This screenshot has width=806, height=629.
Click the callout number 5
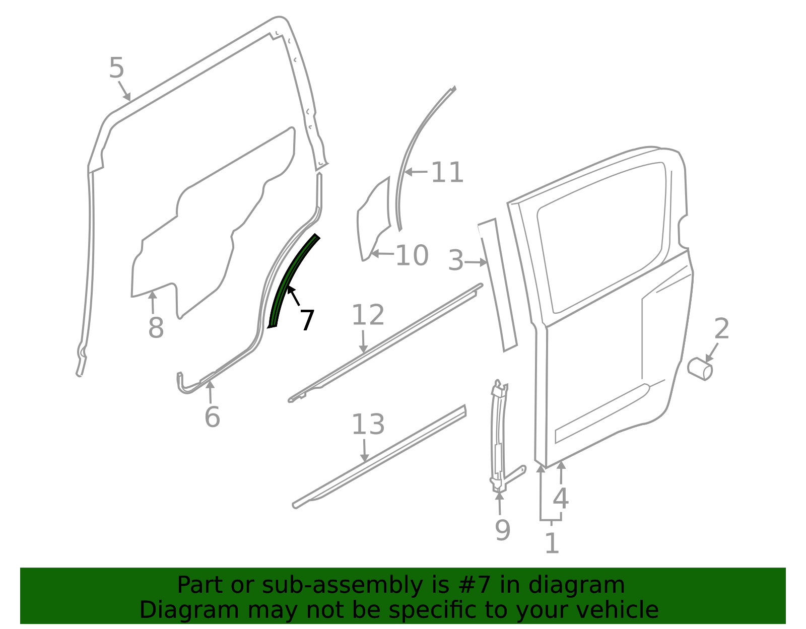click(116, 68)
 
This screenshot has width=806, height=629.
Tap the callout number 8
click(156, 328)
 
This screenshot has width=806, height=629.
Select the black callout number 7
click(307, 320)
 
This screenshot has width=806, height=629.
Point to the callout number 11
click(447, 172)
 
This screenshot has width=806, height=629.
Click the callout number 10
click(413, 255)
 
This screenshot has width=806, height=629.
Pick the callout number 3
click(456, 260)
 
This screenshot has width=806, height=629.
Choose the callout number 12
click(368, 315)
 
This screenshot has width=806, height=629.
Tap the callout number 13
click(368, 424)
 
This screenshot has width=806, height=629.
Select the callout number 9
click(503, 530)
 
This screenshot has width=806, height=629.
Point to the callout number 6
click(212, 417)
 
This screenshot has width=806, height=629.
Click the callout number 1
click(552, 543)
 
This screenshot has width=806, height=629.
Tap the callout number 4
click(561, 499)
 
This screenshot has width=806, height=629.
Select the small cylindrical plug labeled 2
click(700, 369)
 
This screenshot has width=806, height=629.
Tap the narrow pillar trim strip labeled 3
click(497, 285)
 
